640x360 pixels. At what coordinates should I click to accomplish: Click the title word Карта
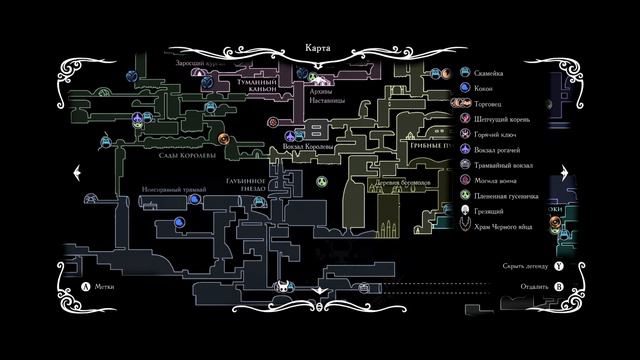(x=320, y=46)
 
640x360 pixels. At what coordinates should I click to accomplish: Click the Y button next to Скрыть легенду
(x=559, y=268)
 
